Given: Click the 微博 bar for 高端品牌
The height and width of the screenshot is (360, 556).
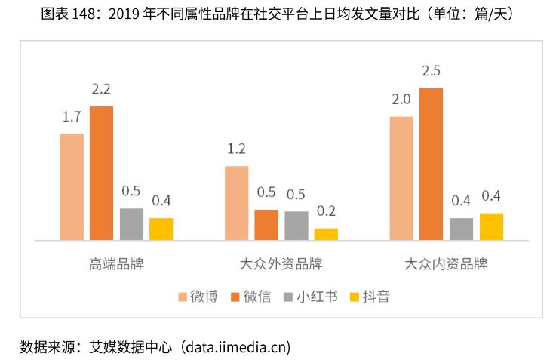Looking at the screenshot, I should coord(72,186).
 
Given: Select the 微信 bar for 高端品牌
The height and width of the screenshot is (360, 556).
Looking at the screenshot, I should coord(101,173).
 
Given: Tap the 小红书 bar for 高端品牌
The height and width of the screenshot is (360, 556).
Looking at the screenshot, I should coord(131,224).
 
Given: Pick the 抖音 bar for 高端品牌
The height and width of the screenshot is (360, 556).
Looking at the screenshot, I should coord(161,229).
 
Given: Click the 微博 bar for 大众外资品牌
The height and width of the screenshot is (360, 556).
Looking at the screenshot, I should coord(236,203).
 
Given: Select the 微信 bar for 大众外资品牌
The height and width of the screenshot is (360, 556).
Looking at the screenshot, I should coord(266,224).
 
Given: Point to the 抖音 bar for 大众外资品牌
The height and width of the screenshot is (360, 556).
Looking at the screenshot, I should coord(326,234).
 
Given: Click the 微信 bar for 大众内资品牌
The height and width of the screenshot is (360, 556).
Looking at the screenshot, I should coord(431,164).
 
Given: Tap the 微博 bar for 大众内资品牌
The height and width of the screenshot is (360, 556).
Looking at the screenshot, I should coord(401,178).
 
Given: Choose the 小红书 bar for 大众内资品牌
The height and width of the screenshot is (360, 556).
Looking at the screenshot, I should coord(461,229).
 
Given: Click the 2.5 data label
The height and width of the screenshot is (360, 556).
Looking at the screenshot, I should coord(431,72).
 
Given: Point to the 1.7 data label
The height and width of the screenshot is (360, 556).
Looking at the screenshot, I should coord(72,117).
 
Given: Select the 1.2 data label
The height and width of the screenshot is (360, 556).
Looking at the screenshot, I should coord(236,149).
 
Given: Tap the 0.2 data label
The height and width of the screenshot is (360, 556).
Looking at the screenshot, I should coord(326,211).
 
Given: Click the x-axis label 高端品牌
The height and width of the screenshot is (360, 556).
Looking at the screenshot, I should coord(116,264).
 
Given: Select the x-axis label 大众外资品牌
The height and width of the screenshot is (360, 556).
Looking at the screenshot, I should coord(281,264).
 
